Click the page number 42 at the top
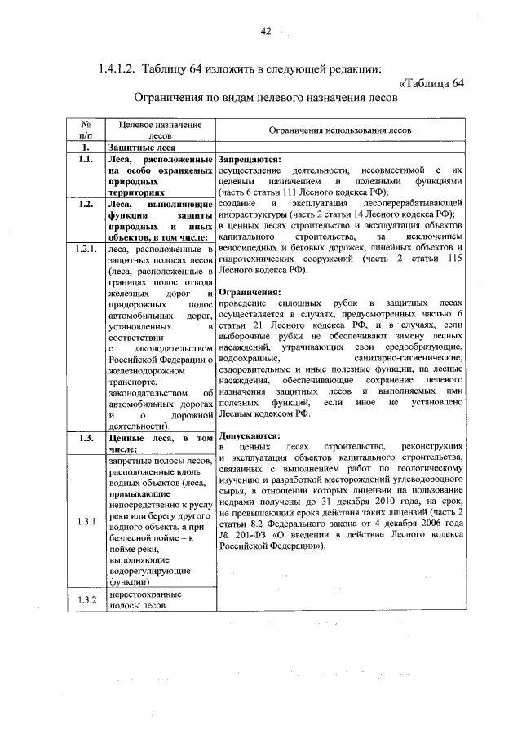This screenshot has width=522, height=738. point(265,31)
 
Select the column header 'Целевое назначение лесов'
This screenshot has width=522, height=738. point(161,130)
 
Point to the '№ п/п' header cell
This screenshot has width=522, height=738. point(85,130)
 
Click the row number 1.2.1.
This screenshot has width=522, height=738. point(85,247)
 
